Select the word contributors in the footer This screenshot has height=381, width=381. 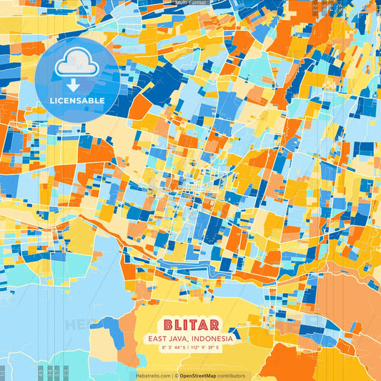tap(231, 375)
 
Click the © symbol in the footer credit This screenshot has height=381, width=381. tap(176, 375)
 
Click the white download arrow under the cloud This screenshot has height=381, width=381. tap(76, 84)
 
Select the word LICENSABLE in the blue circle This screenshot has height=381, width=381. tap(76, 101)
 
